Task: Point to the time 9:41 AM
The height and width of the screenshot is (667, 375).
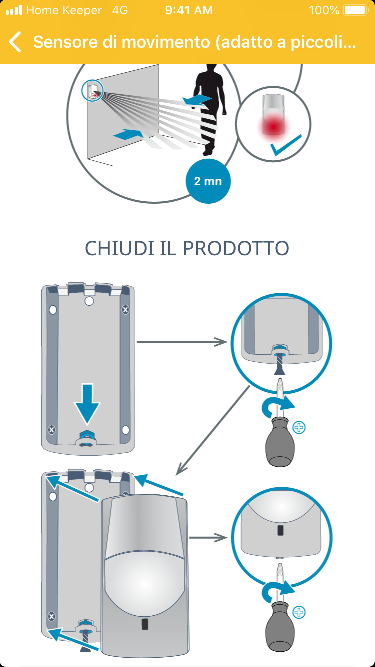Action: pos(188,10)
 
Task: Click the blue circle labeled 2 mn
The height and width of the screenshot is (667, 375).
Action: pos(208,181)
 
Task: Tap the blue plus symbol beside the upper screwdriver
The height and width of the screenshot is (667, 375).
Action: pos(300,427)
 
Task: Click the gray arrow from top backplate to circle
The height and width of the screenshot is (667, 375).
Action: pos(182,342)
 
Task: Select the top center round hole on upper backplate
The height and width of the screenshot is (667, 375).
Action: pos(89,301)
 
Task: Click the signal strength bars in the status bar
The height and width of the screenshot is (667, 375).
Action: pos(14,10)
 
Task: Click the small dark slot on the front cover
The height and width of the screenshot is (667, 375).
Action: pos(145,624)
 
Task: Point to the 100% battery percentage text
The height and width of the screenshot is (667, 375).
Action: pos(324,10)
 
